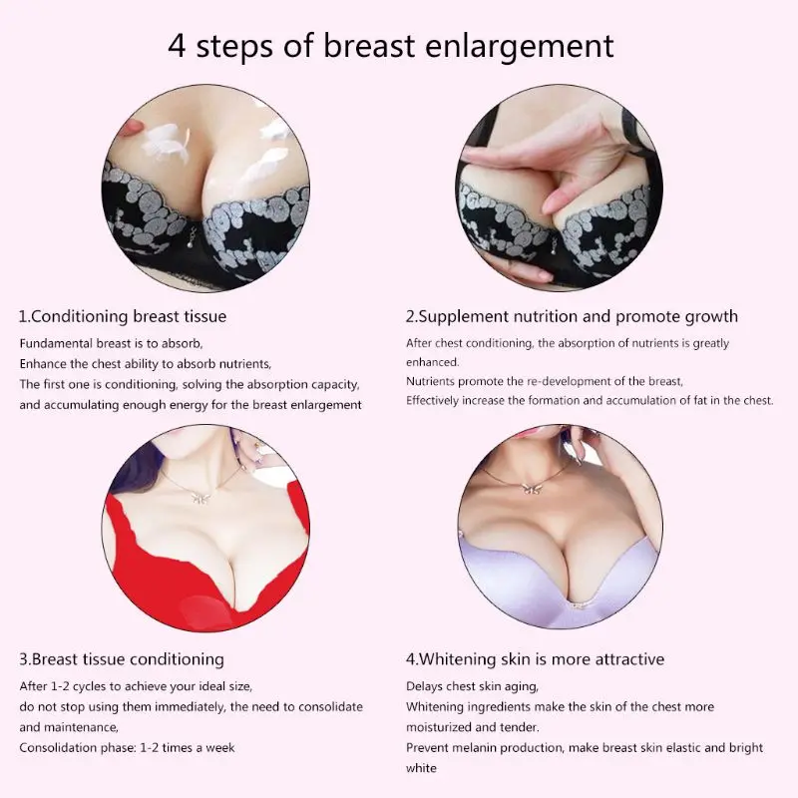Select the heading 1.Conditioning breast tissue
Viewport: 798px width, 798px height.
pos(123,316)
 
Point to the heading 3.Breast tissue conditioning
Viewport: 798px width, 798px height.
pos(122,659)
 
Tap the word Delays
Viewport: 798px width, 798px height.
pos(426,686)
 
